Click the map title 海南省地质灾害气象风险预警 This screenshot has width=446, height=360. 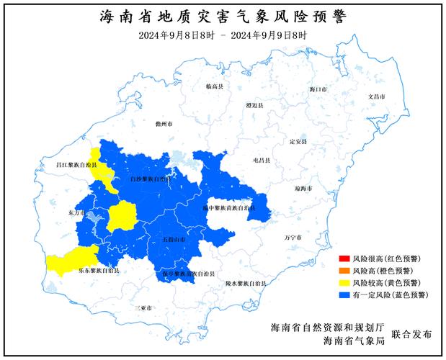coord(223,16)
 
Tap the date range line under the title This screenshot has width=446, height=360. coord(223,35)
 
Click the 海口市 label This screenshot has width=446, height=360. coord(317,89)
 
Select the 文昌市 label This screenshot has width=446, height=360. coord(378,96)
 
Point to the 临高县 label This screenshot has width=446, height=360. coord(215,86)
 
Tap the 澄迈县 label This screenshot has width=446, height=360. coord(254,105)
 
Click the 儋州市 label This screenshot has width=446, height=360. coord(165,124)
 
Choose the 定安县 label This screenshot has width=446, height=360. coord(298,141)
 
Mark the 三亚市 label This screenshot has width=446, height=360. coord(143,307)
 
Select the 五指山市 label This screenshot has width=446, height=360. coord(174,238)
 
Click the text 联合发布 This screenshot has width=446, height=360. coord(412,334)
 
